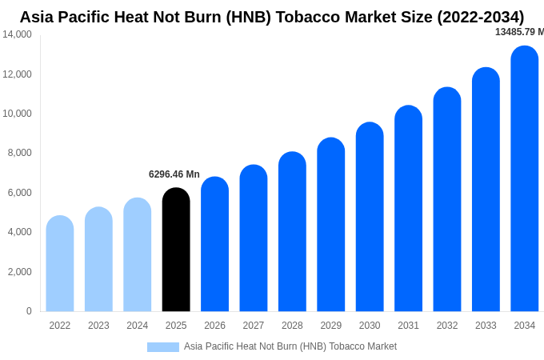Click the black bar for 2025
point(176,250)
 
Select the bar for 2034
point(525,179)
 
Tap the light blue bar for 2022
point(60,264)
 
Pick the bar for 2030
point(370,218)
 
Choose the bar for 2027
point(254,238)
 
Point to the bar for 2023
point(98,259)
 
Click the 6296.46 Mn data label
point(174,174)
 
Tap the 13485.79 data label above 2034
point(518,32)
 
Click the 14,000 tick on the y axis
point(18,34)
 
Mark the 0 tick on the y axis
point(29,311)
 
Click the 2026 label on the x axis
point(214,326)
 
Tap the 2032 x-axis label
point(447,326)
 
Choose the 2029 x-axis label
point(331,326)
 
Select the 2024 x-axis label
point(138,326)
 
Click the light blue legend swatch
point(163,347)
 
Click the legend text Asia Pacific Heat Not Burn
point(290,346)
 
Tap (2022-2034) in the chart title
point(481,17)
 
